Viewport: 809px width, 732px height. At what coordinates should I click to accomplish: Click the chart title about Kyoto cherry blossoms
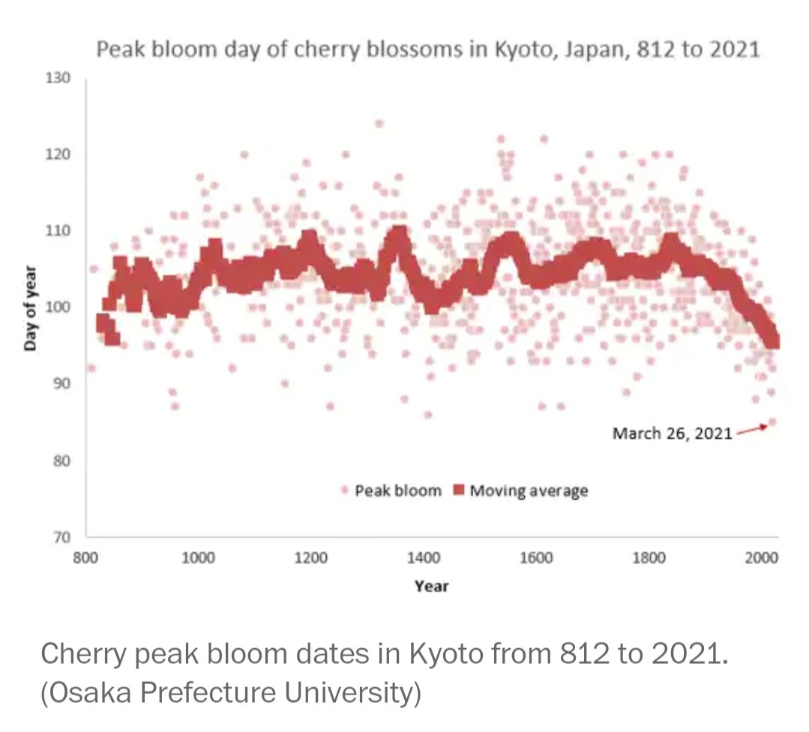coord(427,50)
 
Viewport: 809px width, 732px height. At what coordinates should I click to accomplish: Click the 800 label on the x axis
coord(85,557)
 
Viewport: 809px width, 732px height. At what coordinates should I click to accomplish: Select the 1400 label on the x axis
coord(424,557)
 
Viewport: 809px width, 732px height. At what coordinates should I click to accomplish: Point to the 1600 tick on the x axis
coord(537,557)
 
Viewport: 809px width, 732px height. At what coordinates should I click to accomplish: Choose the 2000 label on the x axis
coord(762,557)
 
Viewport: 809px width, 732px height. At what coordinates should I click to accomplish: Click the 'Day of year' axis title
coord(30,308)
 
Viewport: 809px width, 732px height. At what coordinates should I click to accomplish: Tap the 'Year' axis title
coord(431,586)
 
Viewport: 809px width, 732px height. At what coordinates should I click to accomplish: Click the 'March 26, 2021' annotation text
coord(672,433)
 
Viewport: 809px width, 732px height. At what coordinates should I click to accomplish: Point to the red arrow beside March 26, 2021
coord(751,429)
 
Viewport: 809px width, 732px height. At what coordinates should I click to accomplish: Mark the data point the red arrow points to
coord(772,423)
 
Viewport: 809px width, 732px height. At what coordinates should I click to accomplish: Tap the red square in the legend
coord(458,491)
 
